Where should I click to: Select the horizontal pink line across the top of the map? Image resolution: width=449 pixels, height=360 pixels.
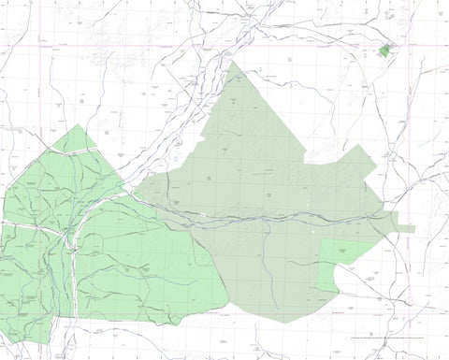[x=224, y=45]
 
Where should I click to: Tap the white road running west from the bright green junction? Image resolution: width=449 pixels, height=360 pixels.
[x=28, y=224]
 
